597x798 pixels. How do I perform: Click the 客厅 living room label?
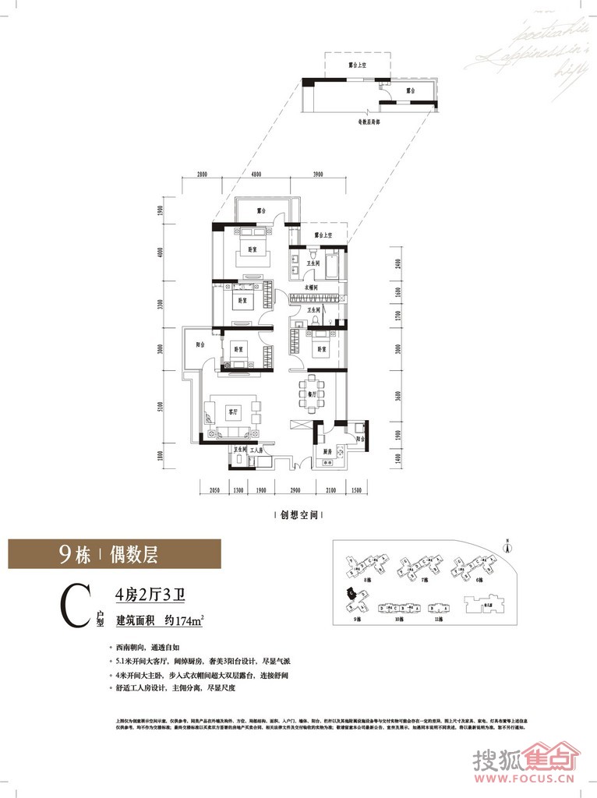coord(231,410)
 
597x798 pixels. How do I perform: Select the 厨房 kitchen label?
coord(326,452)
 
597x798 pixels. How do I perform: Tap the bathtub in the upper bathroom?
coord(330,265)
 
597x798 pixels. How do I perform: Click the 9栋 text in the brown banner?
coord(75,555)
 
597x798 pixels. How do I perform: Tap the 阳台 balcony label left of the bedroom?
coord(200,350)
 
